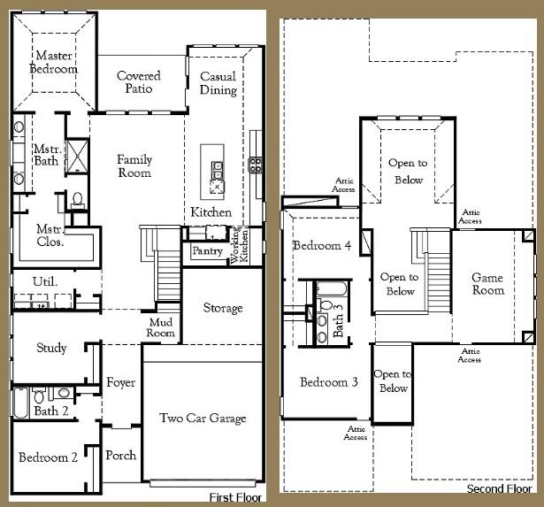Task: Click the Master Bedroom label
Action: pyautogui.click(x=54, y=62)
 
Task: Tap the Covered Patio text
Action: pyautogui.click(x=139, y=82)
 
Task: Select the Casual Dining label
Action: pyautogui.click(x=218, y=83)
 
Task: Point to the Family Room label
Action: pyautogui.click(x=134, y=165)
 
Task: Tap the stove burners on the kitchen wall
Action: pyautogui.click(x=256, y=164)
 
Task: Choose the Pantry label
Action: pyautogui.click(x=207, y=252)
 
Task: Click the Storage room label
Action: pyautogui.click(x=222, y=308)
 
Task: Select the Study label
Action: pyautogui.click(x=51, y=348)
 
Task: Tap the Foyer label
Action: pyautogui.click(x=121, y=382)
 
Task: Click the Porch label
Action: pyautogui.click(x=120, y=455)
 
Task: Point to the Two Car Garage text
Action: pyautogui.click(x=203, y=418)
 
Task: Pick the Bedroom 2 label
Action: pyautogui.click(x=49, y=457)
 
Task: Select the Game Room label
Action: pyautogui.click(x=487, y=283)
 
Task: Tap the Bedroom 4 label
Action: pyautogui.click(x=323, y=245)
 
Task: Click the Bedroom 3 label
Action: pyautogui.click(x=328, y=382)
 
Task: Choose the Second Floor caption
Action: pyautogui.click(x=501, y=488)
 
